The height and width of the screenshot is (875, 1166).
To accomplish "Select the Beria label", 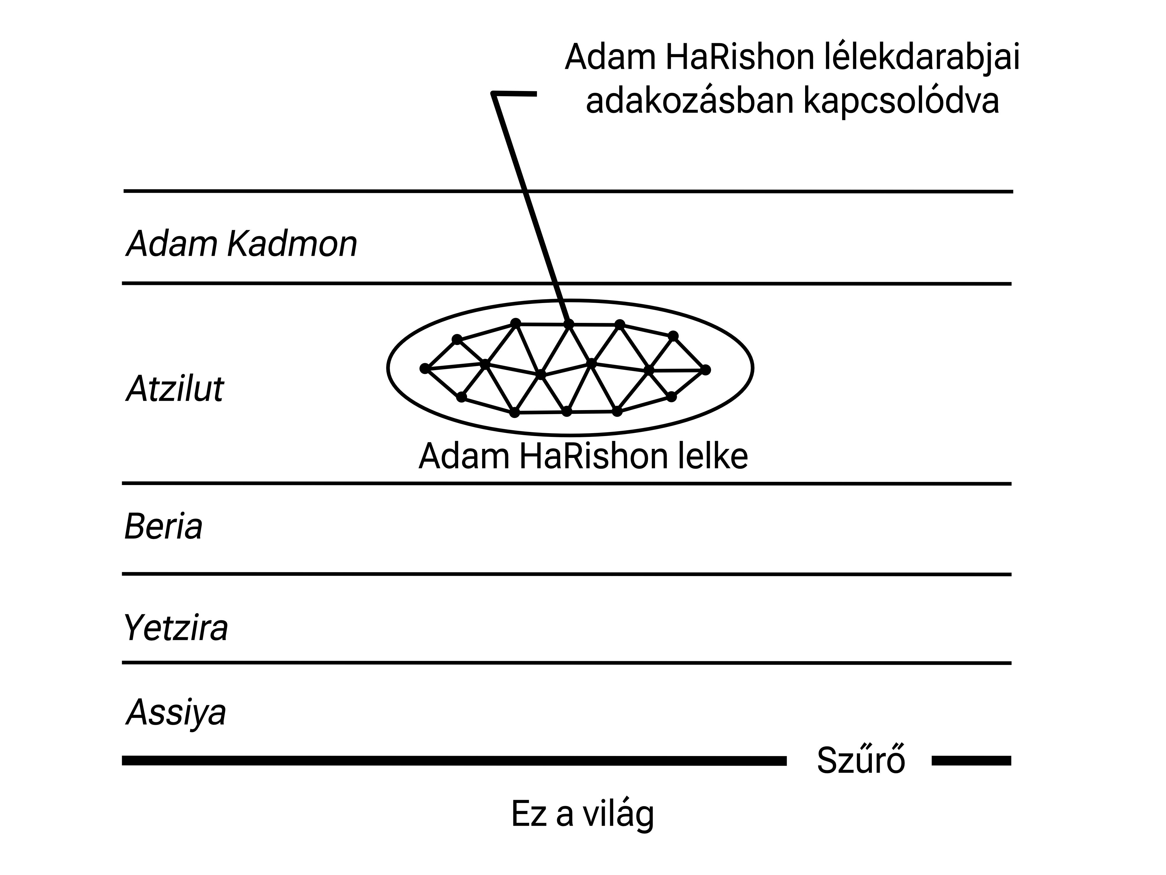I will point(164,526).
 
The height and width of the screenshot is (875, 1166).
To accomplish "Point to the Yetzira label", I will point(175,628).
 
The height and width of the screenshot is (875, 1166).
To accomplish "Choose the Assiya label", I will point(176,712).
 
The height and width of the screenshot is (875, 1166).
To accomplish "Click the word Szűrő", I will point(861,761).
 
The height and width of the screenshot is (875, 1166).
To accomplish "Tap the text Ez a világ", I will point(582,814).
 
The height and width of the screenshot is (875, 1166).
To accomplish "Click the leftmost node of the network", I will point(425,368).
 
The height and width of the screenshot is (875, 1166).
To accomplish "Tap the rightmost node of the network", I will point(706,370).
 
